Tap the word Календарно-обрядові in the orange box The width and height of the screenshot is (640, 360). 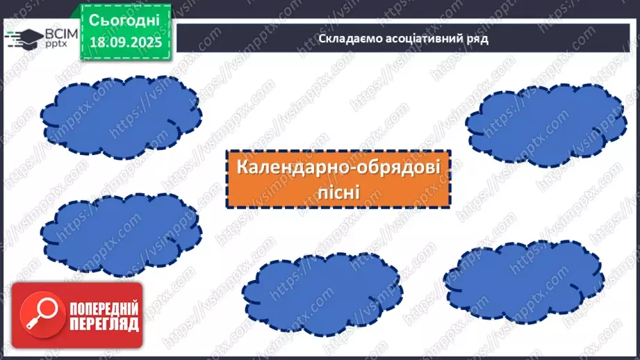point(338,168)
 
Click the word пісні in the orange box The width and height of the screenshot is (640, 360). point(338,190)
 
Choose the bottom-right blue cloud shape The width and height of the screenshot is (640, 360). point(523,277)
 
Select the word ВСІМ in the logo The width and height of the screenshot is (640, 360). point(54,33)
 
